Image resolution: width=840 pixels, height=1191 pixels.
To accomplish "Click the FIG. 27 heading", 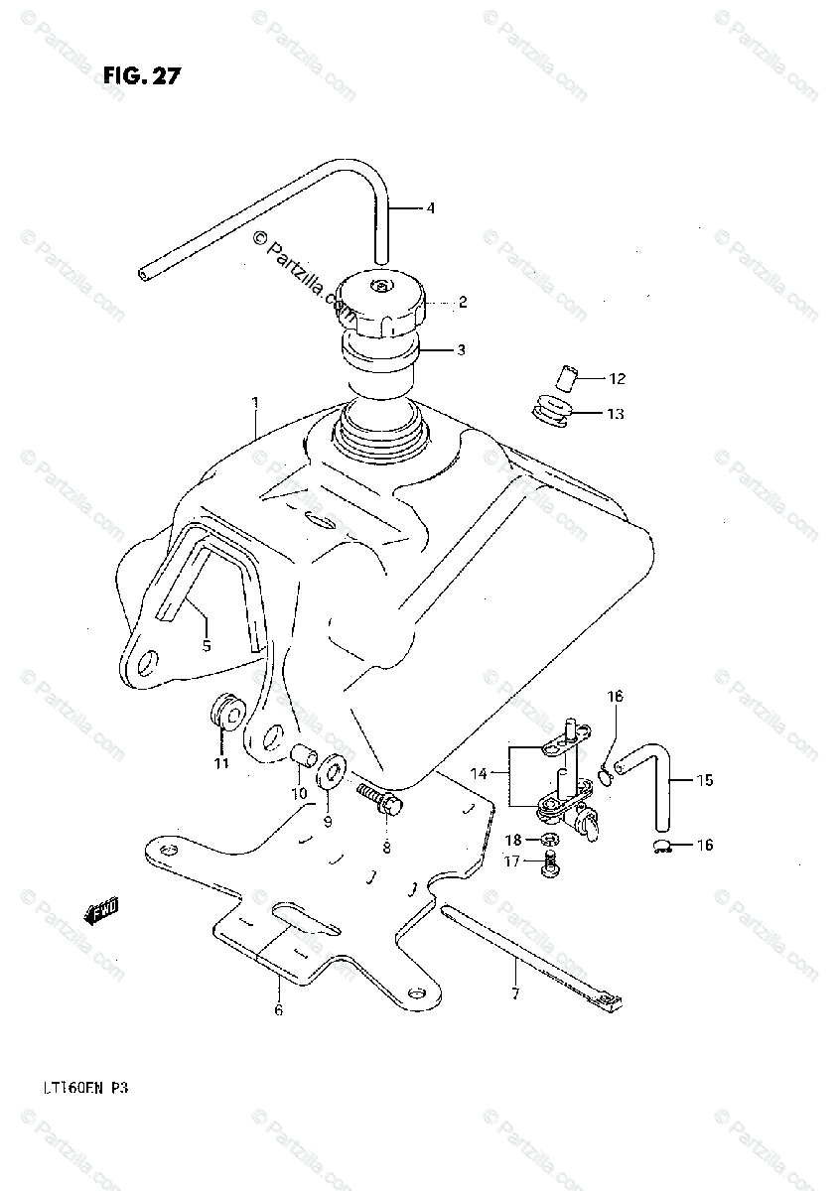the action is point(140,76).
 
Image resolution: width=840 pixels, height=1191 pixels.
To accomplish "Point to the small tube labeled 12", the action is point(563,379).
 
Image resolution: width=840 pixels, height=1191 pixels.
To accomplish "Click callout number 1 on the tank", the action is point(255,403).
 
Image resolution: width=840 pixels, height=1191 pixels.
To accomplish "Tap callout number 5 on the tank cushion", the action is point(207,646).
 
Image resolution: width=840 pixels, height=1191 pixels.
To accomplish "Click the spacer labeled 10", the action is point(299,758).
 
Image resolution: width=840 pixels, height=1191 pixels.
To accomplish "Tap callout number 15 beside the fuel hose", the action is point(704,781).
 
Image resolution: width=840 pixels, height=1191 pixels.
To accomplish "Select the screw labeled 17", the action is point(550,866).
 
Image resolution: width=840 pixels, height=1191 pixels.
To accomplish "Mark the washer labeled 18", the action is point(550,840).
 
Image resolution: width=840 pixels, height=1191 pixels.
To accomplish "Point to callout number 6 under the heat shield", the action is point(278,1010).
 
